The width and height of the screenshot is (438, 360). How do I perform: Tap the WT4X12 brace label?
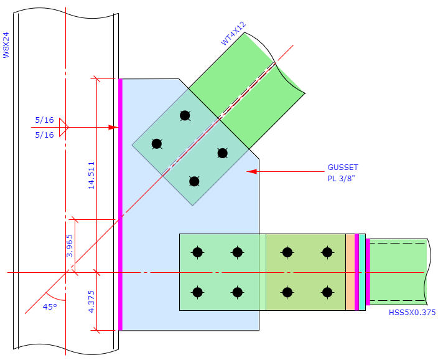(x=233, y=33)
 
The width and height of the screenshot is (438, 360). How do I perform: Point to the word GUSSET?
(x=343, y=168)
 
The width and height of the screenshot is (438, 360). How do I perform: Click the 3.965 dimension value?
(x=70, y=245)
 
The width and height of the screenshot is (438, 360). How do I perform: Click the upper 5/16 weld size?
(x=44, y=120)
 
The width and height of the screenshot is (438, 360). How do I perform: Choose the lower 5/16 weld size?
(x=44, y=135)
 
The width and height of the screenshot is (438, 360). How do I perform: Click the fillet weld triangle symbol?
(x=63, y=128)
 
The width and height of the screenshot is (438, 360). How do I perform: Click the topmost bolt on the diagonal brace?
(x=185, y=115)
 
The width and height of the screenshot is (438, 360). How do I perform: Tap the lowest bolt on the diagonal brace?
(x=194, y=181)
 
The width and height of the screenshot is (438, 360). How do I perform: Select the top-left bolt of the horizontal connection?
(x=197, y=252)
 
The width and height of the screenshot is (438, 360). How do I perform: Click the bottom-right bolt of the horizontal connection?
(x=327, y=291)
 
